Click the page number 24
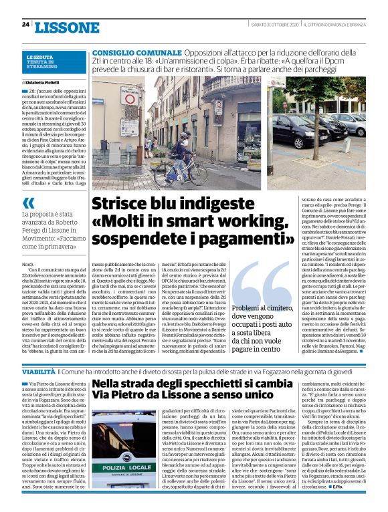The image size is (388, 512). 25,25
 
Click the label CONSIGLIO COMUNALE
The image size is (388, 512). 129,52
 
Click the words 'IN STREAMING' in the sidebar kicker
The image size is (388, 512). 42,67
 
